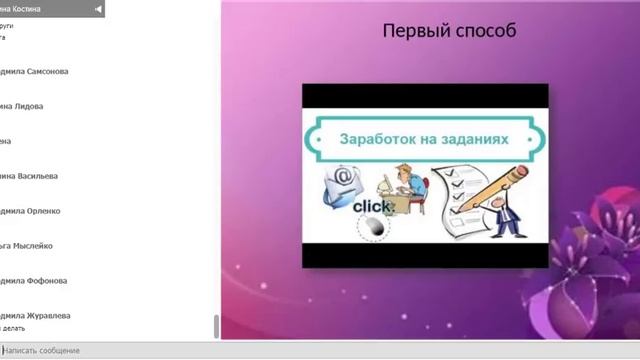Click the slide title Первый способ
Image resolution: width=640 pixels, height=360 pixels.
(449, 31)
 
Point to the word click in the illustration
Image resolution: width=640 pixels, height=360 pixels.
(372, 206)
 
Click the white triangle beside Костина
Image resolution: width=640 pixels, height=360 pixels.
(98, 9)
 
